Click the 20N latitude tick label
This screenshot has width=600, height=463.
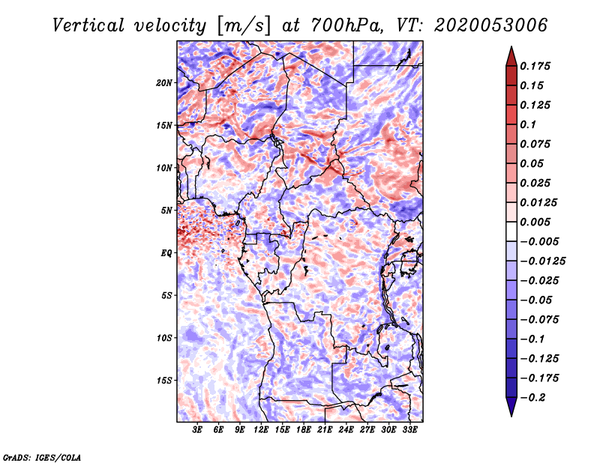[164, 82]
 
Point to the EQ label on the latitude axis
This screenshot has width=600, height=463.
[166, 253]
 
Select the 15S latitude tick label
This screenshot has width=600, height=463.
[164, 381]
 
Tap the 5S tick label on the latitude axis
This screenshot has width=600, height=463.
[166, 295]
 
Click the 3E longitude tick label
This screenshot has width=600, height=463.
[198, 431]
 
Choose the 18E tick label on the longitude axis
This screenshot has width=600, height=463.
[304, 431]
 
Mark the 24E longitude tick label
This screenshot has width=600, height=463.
[346, 431]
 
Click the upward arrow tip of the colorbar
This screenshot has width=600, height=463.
[511, 49]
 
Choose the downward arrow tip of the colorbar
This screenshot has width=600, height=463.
[511, 414]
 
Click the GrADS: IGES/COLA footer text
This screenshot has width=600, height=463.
[42, 456]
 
